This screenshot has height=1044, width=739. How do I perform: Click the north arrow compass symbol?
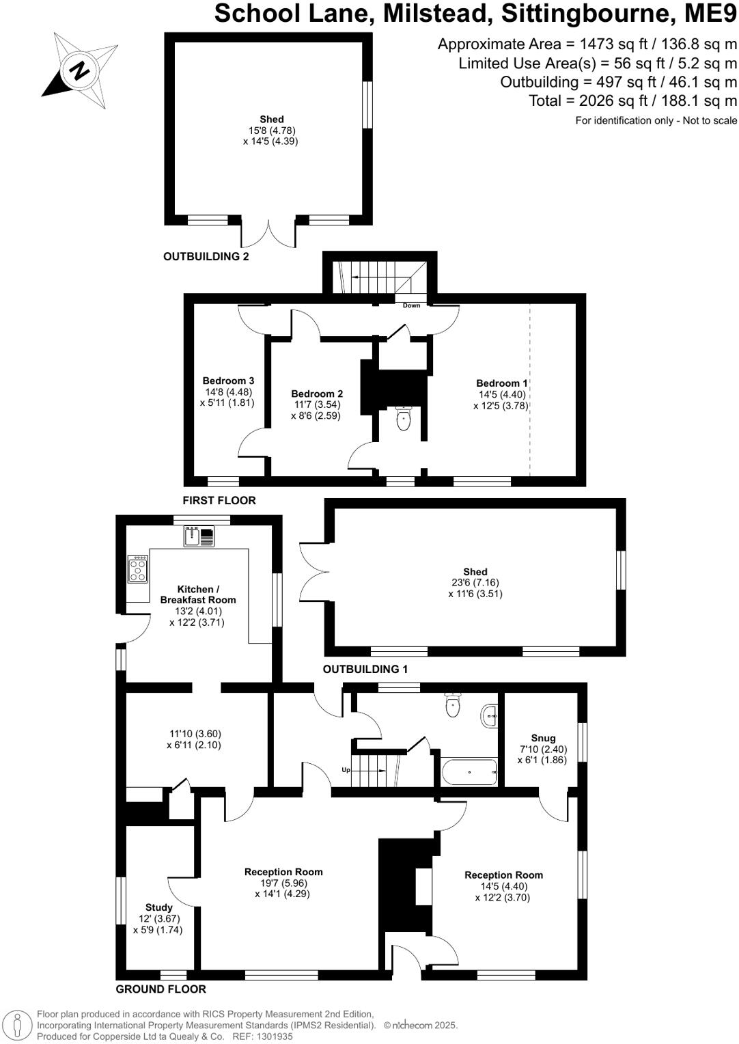(80, 70)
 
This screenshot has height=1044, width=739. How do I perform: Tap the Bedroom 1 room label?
(502, 384)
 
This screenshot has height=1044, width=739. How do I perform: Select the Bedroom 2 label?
(317, 394)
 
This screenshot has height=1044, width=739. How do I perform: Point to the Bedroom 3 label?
(228, 381)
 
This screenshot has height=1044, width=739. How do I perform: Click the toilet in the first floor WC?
(404, 420)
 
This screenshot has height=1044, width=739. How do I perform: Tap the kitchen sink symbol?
(199, 536)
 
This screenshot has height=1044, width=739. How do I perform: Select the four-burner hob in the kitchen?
(138, 569)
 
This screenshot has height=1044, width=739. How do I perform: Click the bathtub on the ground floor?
(469, 772)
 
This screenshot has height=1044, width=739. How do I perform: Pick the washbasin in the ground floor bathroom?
(490, 716)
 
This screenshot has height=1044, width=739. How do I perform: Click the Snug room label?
(543, 738)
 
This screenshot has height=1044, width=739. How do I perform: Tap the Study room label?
(158, 908)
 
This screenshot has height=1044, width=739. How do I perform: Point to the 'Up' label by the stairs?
(346, 770)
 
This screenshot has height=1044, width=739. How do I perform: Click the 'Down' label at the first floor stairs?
(411, 305)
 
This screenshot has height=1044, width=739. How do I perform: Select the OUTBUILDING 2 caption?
(206, 257)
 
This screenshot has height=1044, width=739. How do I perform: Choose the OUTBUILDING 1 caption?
(365, 670)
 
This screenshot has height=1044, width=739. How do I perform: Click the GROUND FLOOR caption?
(161, 989)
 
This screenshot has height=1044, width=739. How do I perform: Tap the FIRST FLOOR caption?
(219, 501)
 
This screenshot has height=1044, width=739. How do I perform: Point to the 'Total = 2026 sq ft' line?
(632, 101)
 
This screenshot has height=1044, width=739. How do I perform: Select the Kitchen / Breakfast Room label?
(198, 594)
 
